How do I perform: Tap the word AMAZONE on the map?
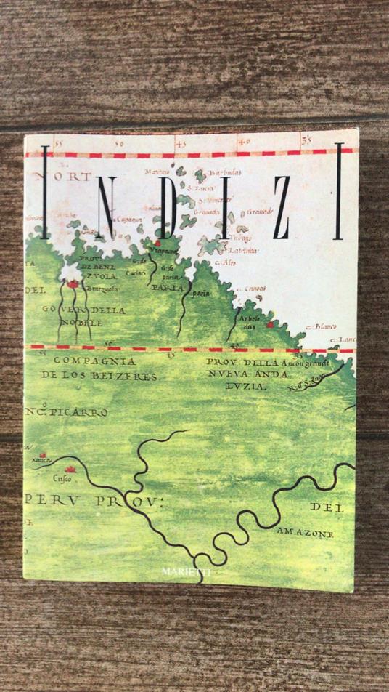pos(305,533)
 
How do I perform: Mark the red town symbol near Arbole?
pos(269,324)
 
